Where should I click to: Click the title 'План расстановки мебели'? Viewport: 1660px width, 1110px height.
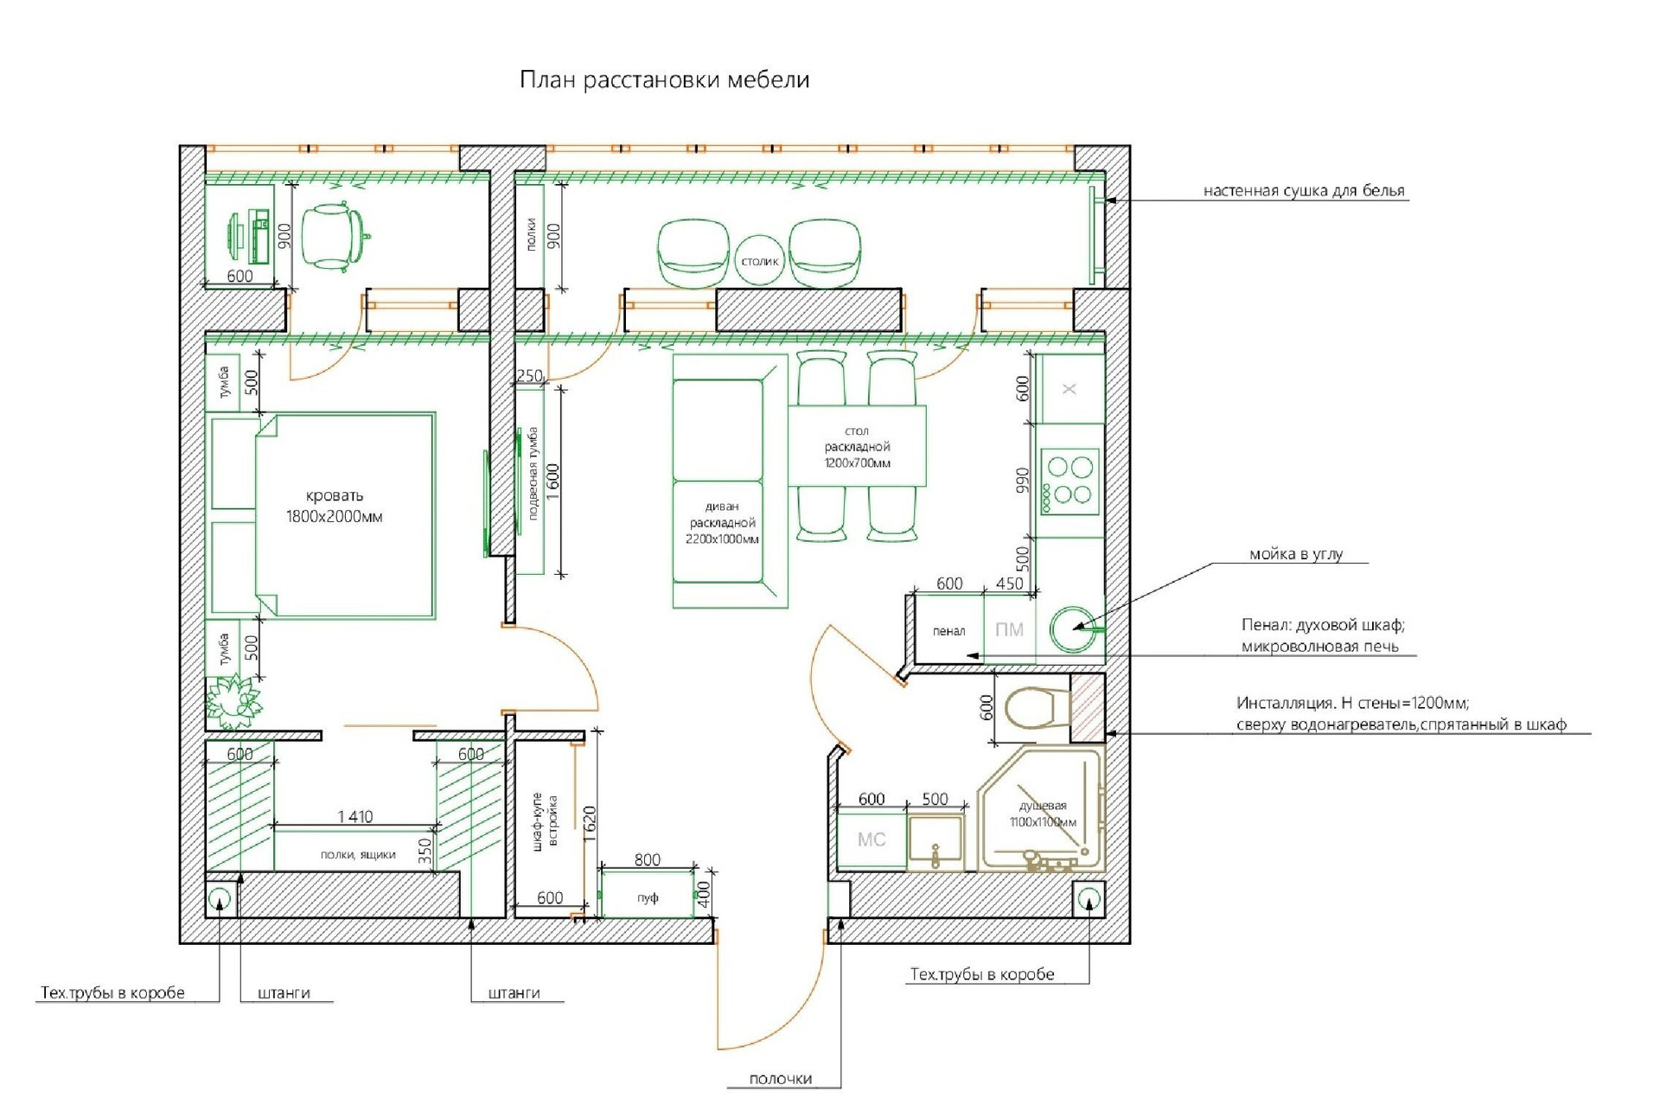(x=664, y=80)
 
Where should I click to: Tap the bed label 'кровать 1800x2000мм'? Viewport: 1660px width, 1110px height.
(x=335, y=507)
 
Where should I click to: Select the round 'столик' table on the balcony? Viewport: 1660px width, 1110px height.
(x=760, y=260)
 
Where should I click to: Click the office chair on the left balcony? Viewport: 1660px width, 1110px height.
(x=337, y=236)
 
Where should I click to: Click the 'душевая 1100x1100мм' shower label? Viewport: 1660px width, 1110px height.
(x=1043, y=813)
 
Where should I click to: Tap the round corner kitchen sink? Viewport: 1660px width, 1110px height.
(x=1072, y=628)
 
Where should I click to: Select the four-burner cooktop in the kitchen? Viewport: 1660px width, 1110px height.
(x=1069, y=481)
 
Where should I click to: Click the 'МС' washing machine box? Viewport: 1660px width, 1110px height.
(x=871, y=839)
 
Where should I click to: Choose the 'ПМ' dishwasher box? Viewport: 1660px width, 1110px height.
(x=1009, y=630)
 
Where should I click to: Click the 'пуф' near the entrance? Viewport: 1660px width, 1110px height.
(x=648, y=897)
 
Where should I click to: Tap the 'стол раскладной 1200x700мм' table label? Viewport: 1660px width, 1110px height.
(x=857, y=447)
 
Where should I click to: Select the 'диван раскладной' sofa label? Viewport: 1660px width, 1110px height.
(x=722, y=522)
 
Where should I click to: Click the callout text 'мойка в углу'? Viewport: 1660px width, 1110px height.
(x=1295, y=554)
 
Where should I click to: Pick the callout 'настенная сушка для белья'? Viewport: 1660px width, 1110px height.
(x=1304, y=190)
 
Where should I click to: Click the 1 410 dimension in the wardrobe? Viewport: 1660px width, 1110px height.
(x=355, y=816)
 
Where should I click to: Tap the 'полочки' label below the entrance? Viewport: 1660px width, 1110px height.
(x=781, y=1079)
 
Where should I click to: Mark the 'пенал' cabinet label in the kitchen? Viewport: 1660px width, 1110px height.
(x=948, y=631)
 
